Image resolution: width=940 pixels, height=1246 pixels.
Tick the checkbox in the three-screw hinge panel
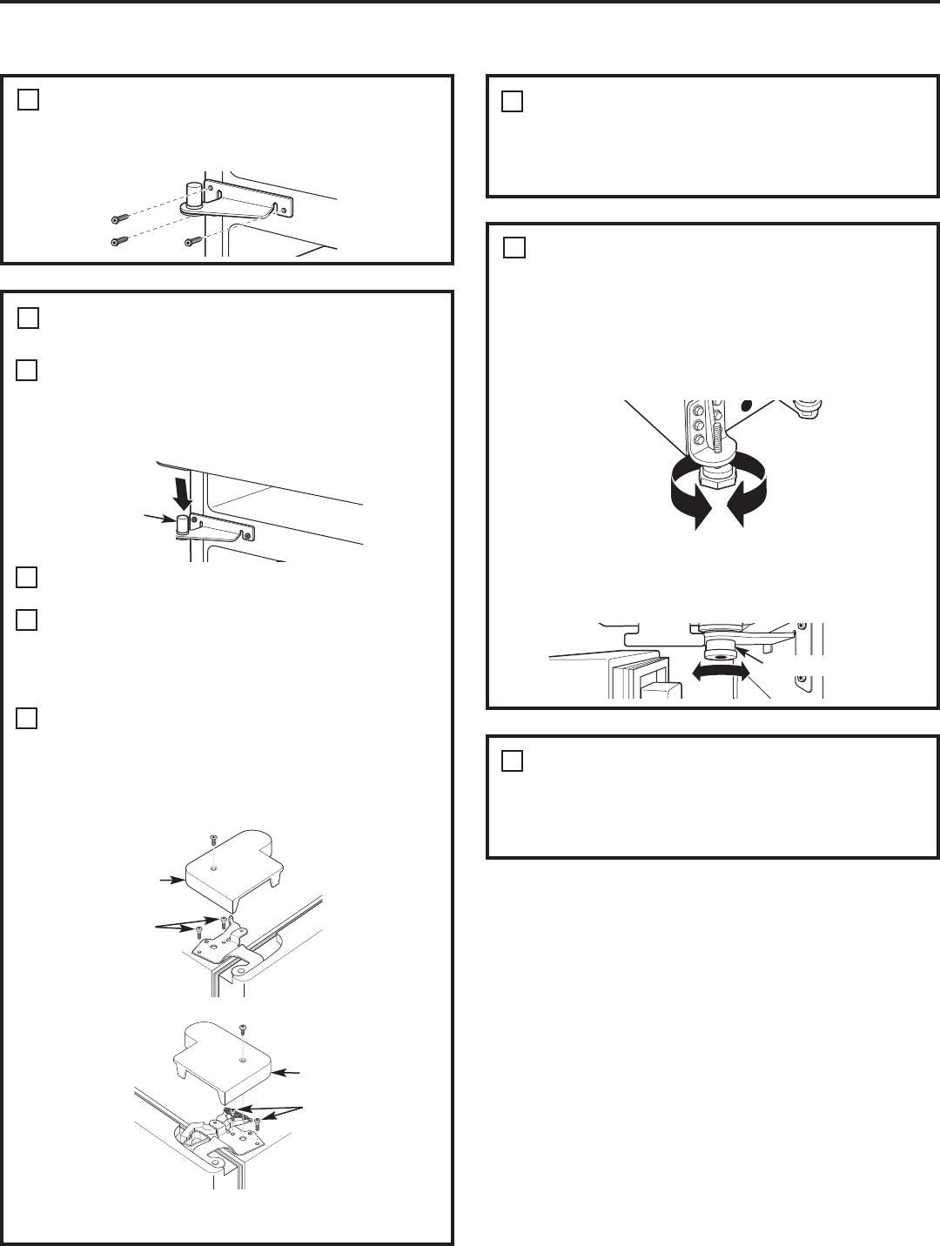[28, 101]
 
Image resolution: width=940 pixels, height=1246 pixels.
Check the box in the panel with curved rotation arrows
[514, 249]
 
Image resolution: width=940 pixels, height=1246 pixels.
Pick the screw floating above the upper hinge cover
[211, 839]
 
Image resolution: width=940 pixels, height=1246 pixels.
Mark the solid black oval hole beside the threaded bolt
[747, 406]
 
